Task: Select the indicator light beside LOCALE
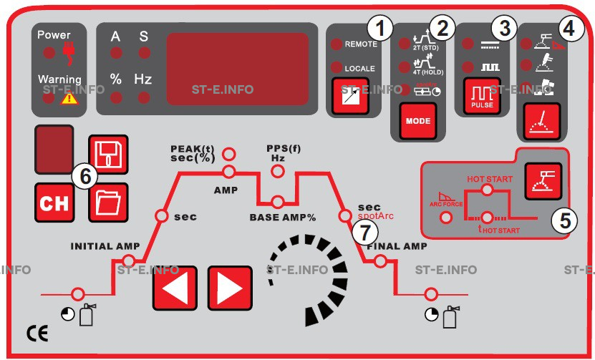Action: pyautogui.click(x=336, y=68)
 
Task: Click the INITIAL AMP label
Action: pyautogui.click(x=105, y=246)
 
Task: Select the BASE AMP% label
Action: pyautogui.click(x=283, y=216)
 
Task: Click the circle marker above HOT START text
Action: pyautogui.click(x=487, y=189)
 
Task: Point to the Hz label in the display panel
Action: pyautogui.click(x=143, y=79)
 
